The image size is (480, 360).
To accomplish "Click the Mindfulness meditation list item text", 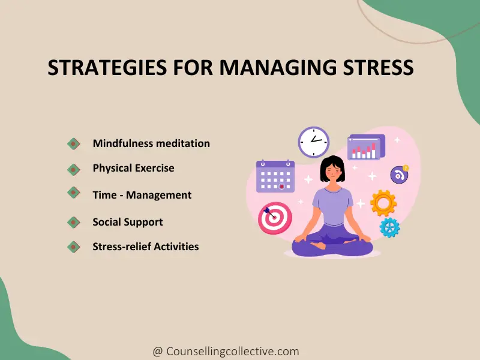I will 151,143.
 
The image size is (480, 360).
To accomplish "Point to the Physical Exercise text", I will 133,168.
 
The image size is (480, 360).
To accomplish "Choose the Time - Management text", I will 142,195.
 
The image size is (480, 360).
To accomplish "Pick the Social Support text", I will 128,222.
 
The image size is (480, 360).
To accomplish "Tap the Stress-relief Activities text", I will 146,247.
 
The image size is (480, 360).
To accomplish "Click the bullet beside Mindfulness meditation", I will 73,143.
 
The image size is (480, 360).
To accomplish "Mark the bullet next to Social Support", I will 73,222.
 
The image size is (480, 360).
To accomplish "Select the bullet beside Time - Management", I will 73,193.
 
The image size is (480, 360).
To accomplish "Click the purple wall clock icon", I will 314,143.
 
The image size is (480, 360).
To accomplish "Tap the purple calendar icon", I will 275,176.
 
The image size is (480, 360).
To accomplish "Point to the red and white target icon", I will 275,218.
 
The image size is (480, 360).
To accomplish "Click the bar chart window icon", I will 366,148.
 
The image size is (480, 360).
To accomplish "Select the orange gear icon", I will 383,203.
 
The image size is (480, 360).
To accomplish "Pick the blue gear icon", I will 389,227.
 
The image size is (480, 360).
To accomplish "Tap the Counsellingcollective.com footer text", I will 226,352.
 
